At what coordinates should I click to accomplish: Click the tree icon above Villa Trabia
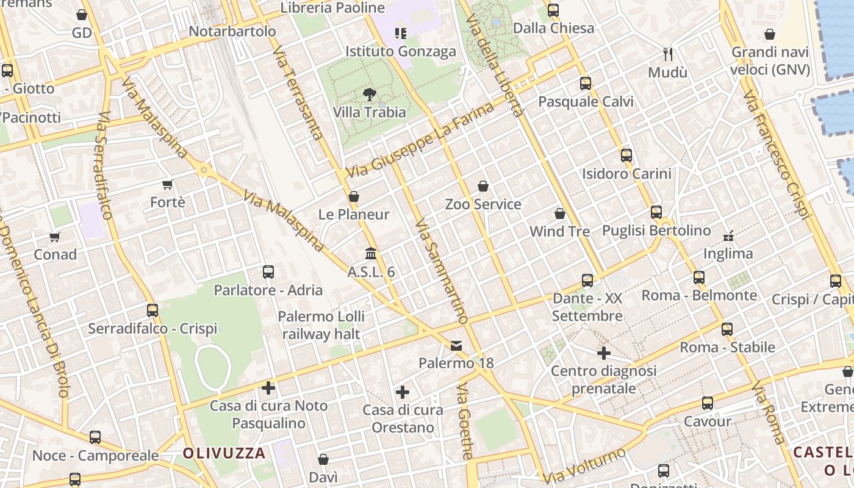[x=369, y=94]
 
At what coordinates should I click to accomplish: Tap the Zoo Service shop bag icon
[x=483, y=185]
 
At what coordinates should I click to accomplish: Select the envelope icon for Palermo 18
[x=456, y=346]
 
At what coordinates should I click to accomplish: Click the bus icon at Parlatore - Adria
[x=268, y=272]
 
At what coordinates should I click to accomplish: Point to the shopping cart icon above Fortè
[x=168, y=184]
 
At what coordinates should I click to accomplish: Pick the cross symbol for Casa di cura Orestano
[x=402, y=392]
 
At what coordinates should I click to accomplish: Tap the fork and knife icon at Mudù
[x=668, y=54]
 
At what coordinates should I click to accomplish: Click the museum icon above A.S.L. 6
[x=371, y=253]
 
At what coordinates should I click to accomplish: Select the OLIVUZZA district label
[x=224, y=453]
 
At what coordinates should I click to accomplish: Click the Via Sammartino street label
[x=441, y=271]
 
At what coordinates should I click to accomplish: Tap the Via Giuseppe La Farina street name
[x=420, y=141]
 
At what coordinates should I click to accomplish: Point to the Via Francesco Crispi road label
[x=777, y=155]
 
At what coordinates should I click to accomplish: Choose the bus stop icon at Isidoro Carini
[x=626, y=156]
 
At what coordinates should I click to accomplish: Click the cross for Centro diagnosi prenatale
[x=603, y=353]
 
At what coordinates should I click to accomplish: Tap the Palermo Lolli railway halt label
[x=321, y=325]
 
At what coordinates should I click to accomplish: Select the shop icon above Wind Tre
[x=559, y=213]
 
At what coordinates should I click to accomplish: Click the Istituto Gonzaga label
[x=401, y=51]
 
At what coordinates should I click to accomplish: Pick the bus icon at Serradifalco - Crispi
[x=152, y=310]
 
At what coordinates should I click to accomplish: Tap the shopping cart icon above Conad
[x=55, y=236]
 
